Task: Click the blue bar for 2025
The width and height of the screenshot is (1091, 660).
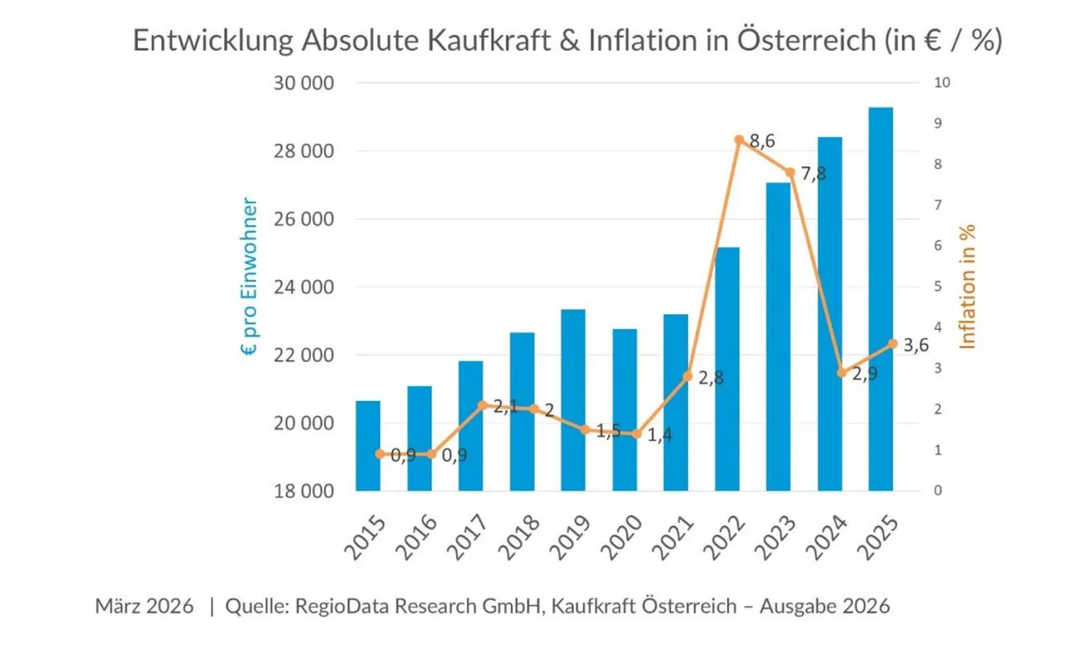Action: coord(880,298)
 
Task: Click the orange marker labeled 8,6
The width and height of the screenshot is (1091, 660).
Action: coord(739,140)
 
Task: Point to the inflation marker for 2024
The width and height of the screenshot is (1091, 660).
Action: coord(842,373)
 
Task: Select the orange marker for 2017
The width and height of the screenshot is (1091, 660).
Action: coord(482,405)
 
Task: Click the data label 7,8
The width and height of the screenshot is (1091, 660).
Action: coord(813,174)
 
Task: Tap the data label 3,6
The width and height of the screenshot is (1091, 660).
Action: coord(916,345)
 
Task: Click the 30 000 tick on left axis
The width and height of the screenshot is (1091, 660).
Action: coord(303,84)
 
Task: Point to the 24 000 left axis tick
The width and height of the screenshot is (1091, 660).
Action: coord(303,287)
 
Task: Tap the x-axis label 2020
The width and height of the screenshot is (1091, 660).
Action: coord(620,536)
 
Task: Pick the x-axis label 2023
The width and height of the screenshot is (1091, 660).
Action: coord(774,536)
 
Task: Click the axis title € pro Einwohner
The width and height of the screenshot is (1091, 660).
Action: coord(249,277)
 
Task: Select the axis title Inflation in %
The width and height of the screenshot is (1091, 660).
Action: coord(967,287)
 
